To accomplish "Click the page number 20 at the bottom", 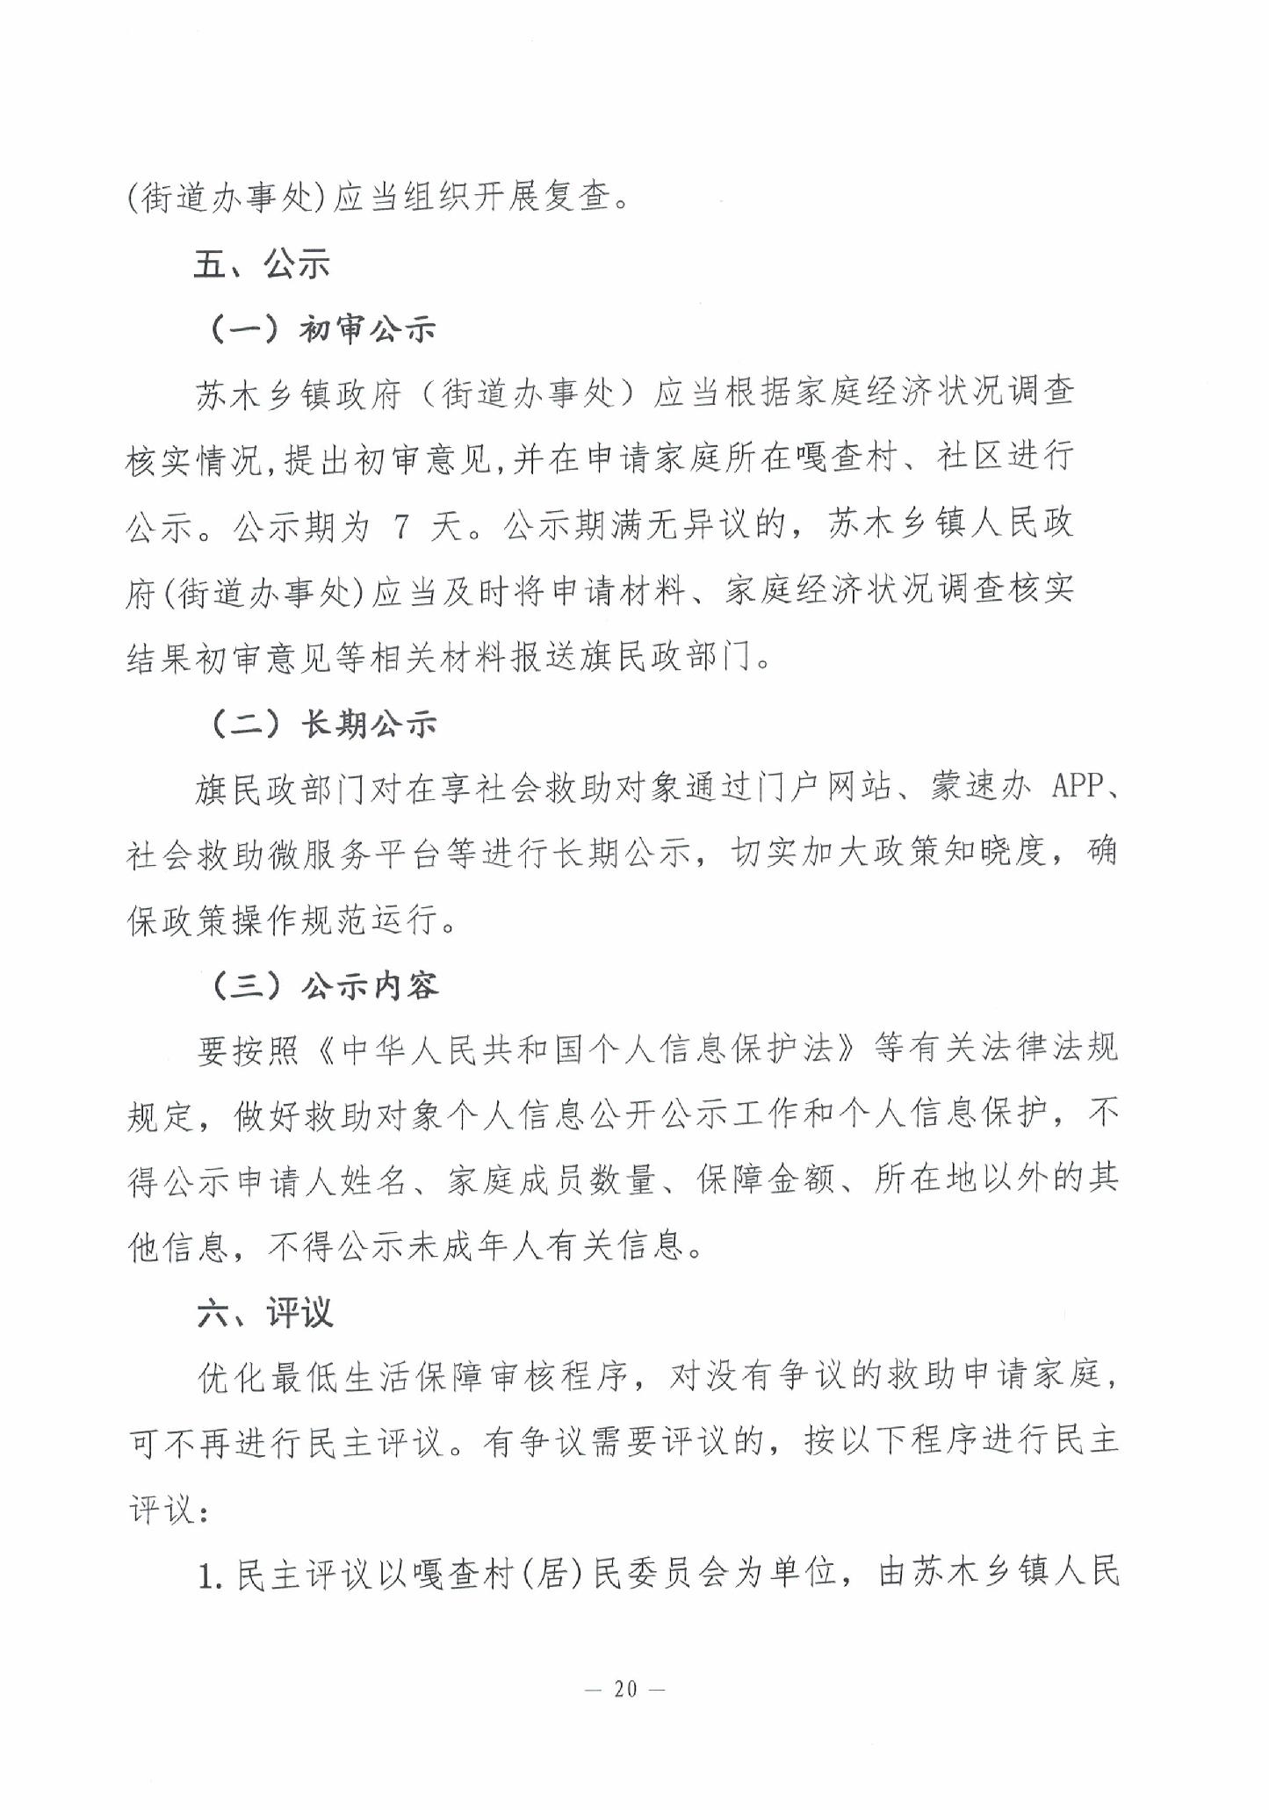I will point(624,1688).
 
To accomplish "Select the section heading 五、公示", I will point(261,263).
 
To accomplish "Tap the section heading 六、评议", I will point(264,1313).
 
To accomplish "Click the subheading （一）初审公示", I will point(322,329).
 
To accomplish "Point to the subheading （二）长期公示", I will point(323,725).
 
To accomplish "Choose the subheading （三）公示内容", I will point(324,986).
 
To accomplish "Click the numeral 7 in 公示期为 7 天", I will point(401,526).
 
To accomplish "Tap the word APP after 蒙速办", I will point(1076,786).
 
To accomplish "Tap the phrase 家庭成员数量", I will point(552,1181).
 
